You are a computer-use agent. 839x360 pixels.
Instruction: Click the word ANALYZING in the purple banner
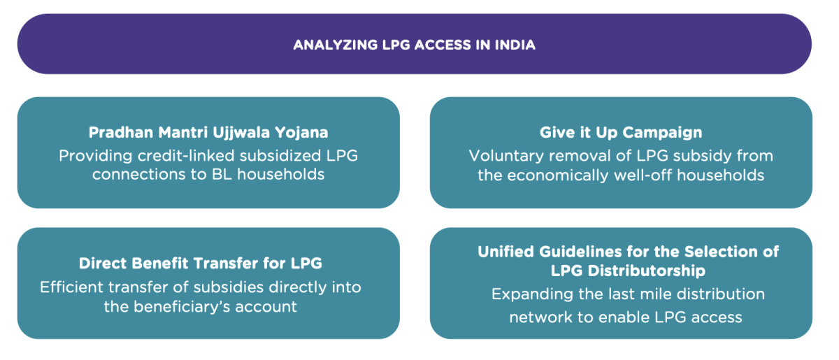point(335,45)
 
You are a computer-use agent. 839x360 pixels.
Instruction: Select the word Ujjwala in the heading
point(241,133)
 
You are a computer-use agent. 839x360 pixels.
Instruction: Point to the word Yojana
point(301,133)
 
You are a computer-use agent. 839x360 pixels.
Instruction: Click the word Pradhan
point(121,132)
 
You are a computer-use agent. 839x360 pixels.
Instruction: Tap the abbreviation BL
point(222,174)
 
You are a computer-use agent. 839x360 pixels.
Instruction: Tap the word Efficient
point(71,287)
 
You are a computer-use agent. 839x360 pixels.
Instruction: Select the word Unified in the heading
point(505,252)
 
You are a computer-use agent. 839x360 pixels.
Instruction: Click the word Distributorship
point(647,271)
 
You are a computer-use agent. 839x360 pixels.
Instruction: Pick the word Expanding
point(532,294)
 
